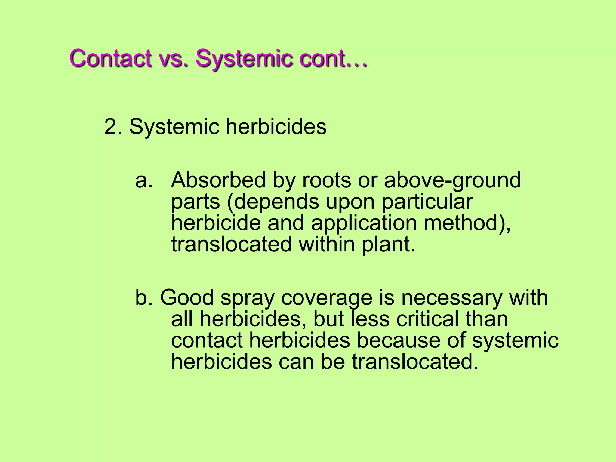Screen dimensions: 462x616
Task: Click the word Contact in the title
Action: pos(110,58)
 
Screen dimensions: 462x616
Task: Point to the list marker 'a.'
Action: pos(144,180)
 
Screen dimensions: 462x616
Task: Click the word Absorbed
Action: pos(218,180)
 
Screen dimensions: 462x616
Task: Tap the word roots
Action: pos(326,180)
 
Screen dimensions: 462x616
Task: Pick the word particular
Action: pos(427,202)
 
